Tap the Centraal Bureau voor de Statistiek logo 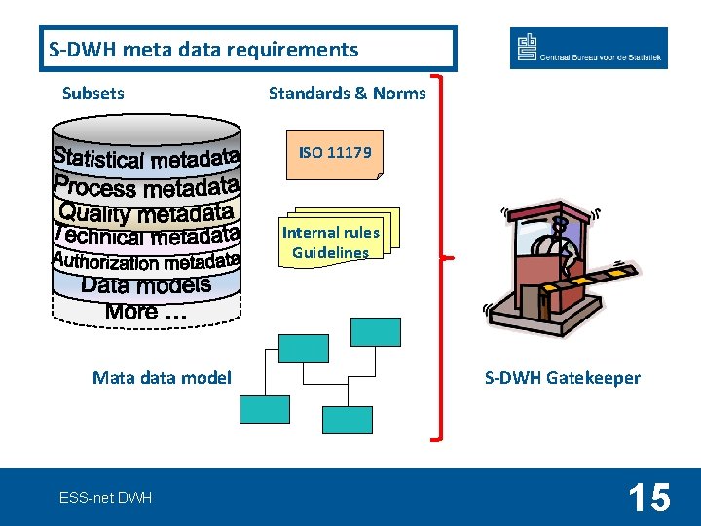(x=588, y=48)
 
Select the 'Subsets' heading (x=93, y=94)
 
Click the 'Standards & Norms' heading (x=347, y=94)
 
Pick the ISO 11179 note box (x=335, y=154)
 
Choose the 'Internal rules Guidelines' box (x=331, y=243)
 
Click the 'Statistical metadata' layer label (x=146, y=157)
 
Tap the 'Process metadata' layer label (x=146, y=185)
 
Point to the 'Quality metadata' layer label (x=146, y=211)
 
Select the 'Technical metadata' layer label (x=146, y=236)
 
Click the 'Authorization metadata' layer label (x=146, y=261)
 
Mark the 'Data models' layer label (x=146, y=285)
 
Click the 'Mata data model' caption (x=162, y=377)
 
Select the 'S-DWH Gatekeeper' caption (x=563, y=377)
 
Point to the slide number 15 (x=648, y=498)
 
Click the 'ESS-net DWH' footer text (x=105, y=498)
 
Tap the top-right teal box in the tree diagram (x=376, y=332)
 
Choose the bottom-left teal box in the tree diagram (x=265, y=409)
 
